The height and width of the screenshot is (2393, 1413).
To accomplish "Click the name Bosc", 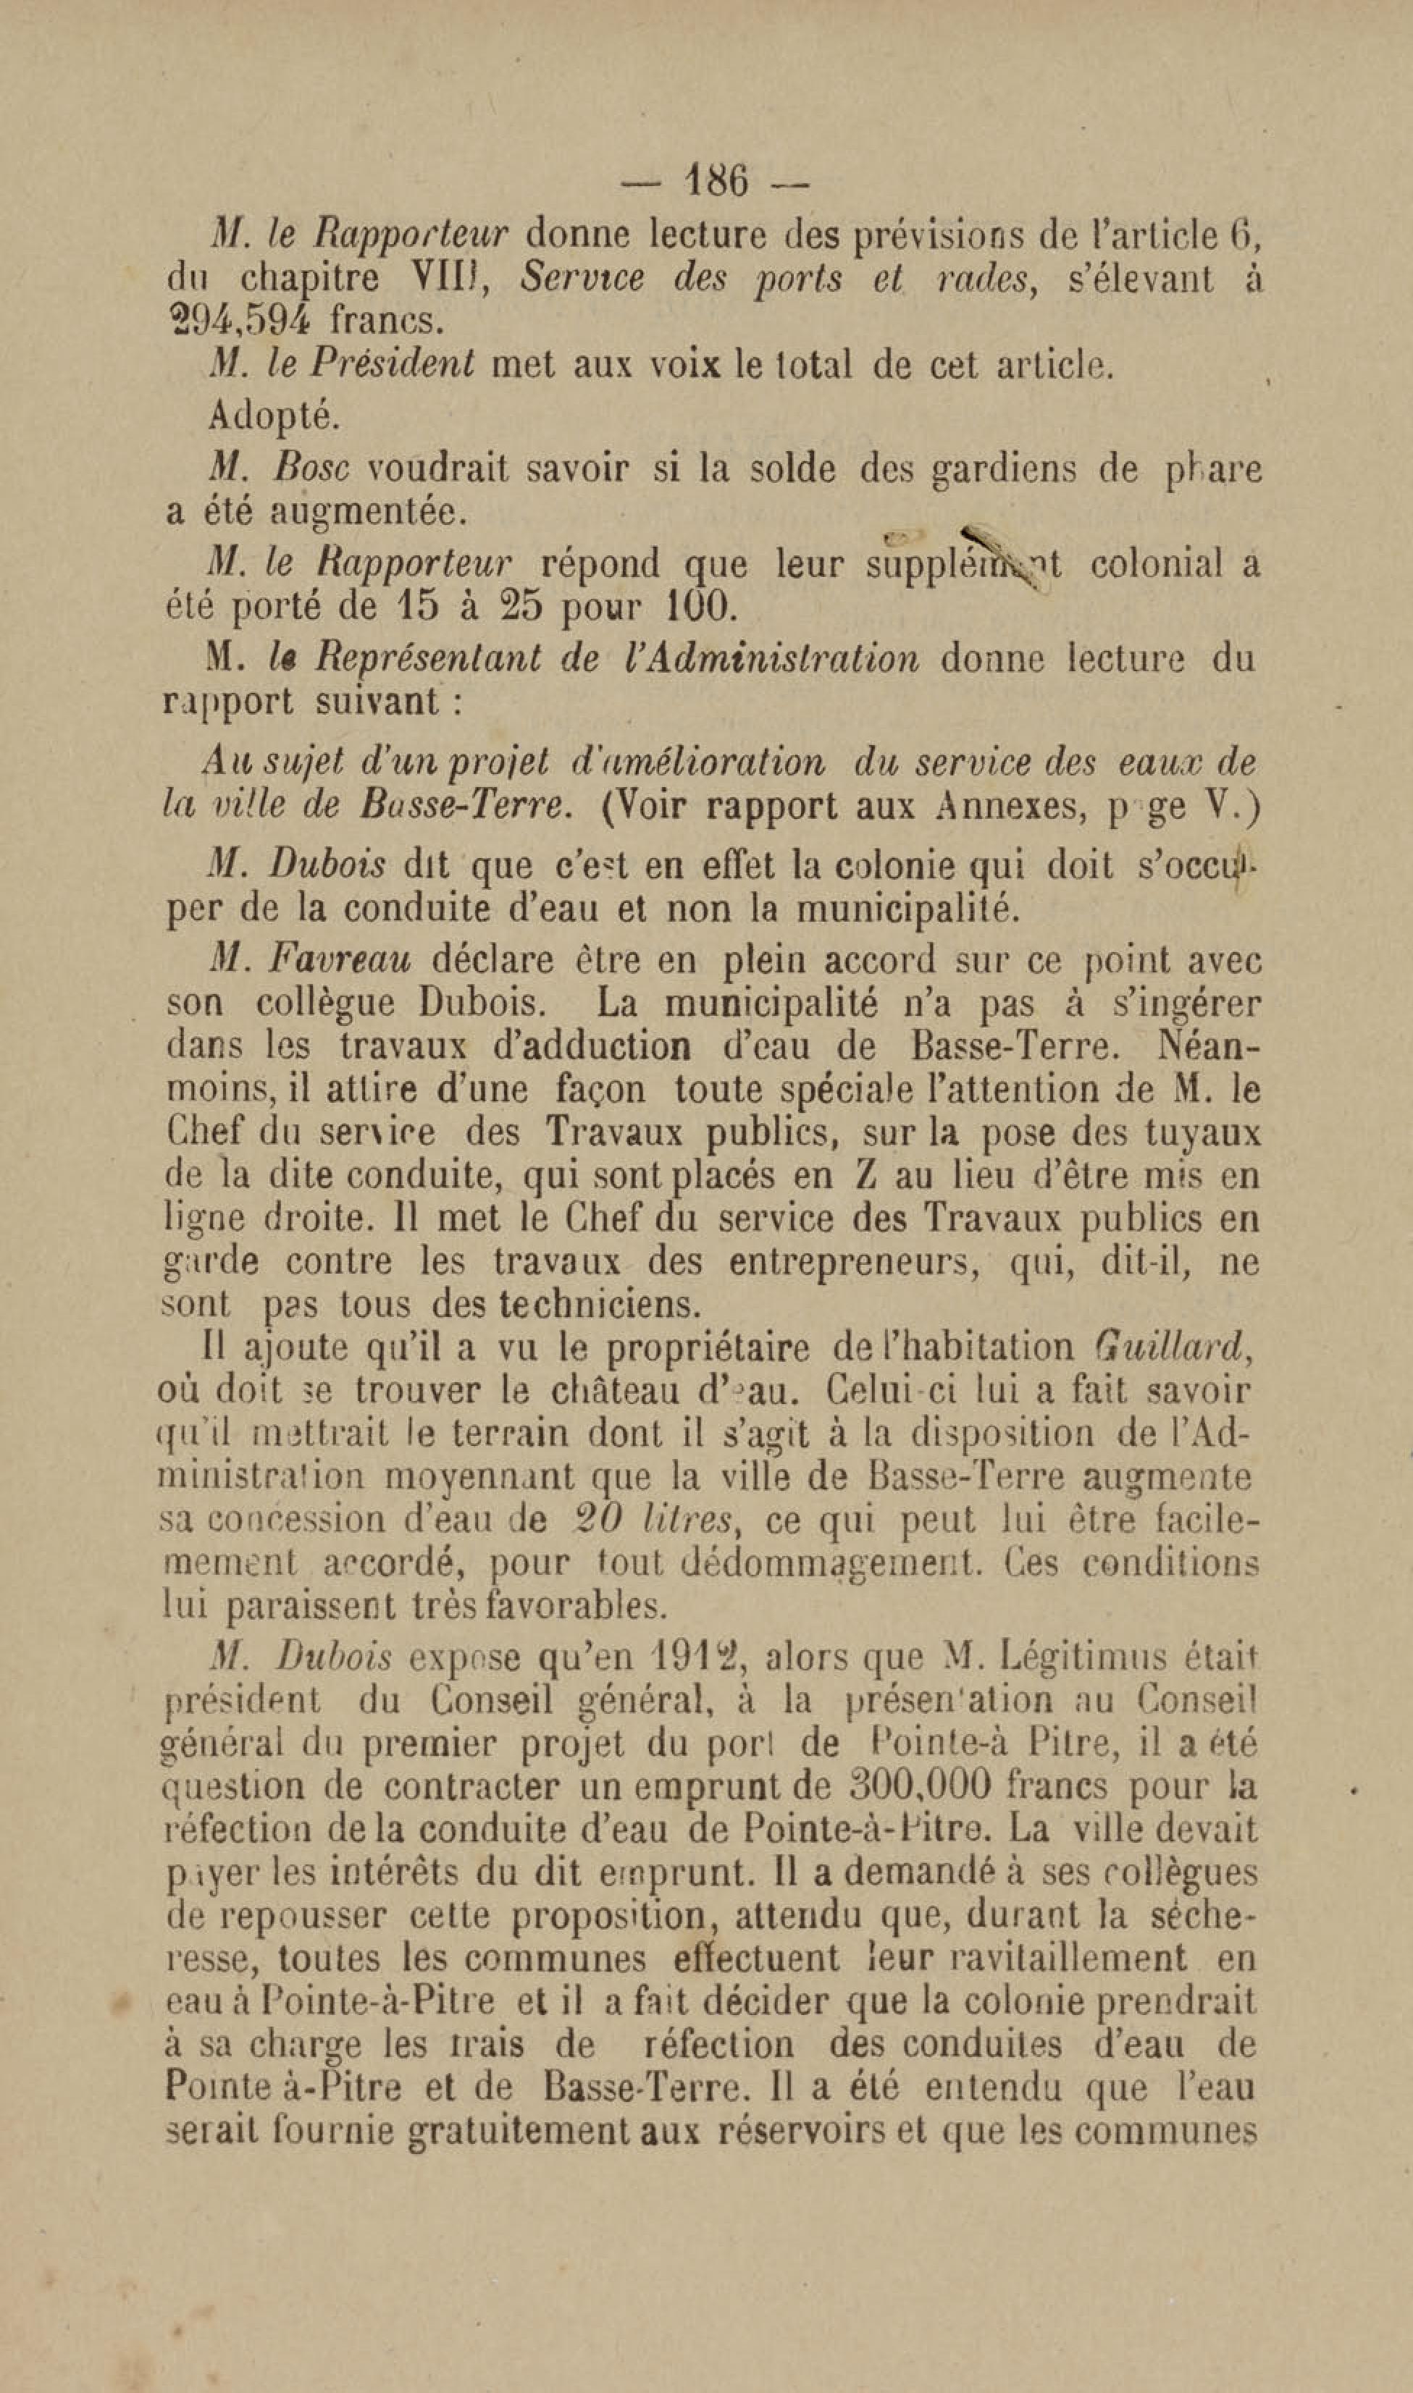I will [x=311, y=468].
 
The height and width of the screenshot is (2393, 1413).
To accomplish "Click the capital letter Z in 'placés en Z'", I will [x=865, y=1176].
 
